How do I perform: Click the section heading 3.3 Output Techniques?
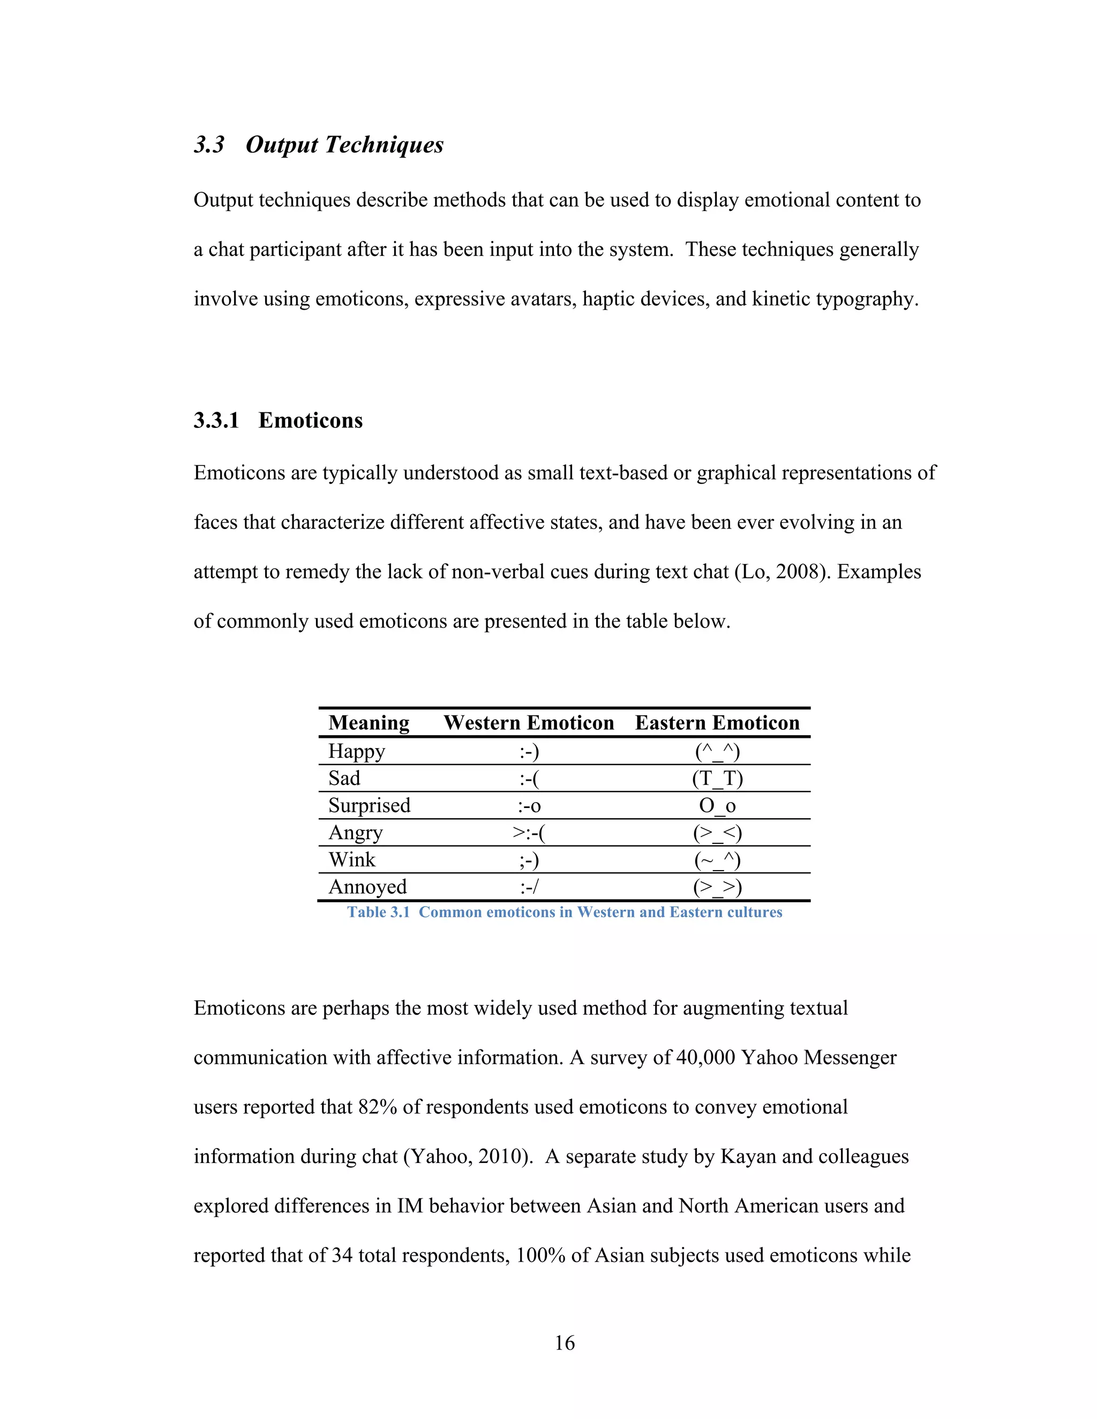coord(319,144)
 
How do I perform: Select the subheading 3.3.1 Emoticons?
coord(278,420)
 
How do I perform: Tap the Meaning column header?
coord(369,722)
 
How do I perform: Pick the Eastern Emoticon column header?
coord(717,722)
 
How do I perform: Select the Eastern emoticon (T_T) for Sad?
coord(717,779)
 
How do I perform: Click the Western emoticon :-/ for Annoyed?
coord(529,887)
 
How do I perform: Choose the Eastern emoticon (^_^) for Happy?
coord(717,751)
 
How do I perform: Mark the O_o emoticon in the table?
coord(717,806)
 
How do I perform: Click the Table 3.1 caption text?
coord(564,912)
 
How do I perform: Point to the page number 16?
coord(564,1342)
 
